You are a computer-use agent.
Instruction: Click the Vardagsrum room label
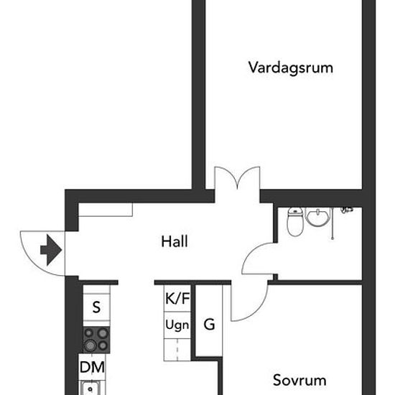coord(291,68)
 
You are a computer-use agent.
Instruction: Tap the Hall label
coord(175,241)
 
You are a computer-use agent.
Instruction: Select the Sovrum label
coord(299,380)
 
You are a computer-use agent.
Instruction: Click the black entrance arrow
coord(51,250)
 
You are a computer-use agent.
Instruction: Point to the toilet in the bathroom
coord(295,222)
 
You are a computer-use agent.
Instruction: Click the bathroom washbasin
coord(317,217)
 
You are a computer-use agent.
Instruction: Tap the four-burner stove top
coord(96,340)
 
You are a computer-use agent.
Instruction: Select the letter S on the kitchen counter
coord(96,307)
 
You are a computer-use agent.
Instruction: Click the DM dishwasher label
coord(92,367)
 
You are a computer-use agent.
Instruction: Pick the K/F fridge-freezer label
coord(177,298)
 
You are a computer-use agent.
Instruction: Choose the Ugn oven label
coord(177,325)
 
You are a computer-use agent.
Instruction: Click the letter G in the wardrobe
coord(209,324)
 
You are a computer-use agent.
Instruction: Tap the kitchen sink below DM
coord(90,388)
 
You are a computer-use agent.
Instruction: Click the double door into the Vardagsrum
coord(237,178)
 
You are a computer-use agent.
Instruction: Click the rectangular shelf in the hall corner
coord(106,210)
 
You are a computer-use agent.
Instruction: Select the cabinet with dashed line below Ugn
coord(177,350)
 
